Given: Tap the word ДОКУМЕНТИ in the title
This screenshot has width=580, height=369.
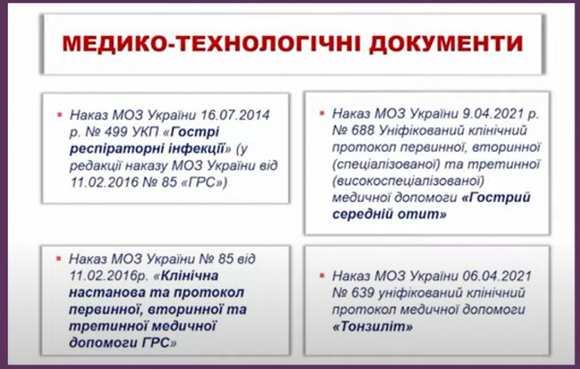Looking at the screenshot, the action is pos(446,43).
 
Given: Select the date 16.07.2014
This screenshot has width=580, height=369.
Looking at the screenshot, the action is pos(235,115).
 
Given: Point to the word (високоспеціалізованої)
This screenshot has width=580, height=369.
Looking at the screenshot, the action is pos(408,182).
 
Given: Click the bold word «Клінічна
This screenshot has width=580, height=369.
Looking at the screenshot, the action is pos(185,276).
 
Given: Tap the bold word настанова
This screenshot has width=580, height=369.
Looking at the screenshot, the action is pos(106,293).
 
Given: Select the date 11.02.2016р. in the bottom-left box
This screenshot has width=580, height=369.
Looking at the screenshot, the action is pos(107,276).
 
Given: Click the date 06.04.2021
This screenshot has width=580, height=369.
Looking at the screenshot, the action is pos(497,276).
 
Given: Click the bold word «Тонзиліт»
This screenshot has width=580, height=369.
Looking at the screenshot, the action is pos(372,326).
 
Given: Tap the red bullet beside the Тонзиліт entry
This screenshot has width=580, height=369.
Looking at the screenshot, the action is pos(322,275).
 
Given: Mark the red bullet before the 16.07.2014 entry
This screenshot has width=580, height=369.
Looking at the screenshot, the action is pos(60,115).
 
